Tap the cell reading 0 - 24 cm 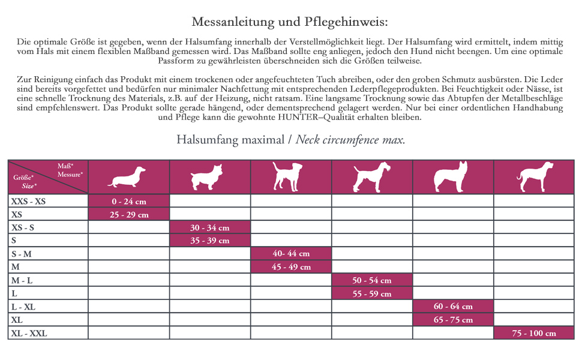129,202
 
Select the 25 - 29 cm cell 129,214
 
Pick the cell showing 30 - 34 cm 210,228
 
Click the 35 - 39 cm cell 210,241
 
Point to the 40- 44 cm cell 291,254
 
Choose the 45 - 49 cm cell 291,267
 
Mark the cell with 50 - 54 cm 372,280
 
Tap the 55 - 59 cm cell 372,293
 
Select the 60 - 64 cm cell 453,307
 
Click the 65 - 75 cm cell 453,320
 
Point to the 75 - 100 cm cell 534,333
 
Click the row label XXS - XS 28,202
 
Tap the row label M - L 23,280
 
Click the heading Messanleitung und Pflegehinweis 290,22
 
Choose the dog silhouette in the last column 535,177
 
